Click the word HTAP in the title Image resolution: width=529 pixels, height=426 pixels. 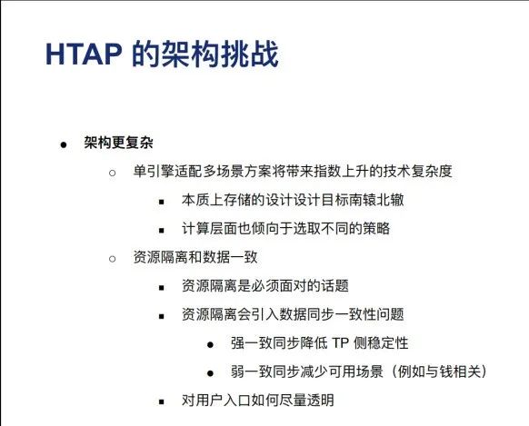[84, 54]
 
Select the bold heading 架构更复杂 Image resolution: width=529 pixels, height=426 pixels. [119, 143]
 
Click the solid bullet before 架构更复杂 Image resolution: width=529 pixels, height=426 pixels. [64, 145]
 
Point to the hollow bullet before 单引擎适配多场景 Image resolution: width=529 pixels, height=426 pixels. [113, 173]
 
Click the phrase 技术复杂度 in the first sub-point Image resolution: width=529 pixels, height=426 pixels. [417, 171]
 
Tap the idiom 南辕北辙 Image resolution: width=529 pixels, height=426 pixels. [376, 200]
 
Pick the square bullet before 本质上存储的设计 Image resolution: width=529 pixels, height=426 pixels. [162, 203]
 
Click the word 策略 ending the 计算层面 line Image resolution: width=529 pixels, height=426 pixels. [376, 229]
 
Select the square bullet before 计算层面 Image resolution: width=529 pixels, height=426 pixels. [162, 231]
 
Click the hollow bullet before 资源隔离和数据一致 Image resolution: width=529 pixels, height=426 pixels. [113, 259]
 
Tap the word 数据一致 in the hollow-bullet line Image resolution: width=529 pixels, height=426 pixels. [230, 257]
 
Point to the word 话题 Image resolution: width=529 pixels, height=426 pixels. [334, 286]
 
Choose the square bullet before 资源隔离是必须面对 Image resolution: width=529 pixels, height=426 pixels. [162, 288]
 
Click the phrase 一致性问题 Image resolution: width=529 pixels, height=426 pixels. [369, 314]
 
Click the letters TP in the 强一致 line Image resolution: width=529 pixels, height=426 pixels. [341, 343]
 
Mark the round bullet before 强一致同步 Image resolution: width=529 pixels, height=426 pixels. [211, 345]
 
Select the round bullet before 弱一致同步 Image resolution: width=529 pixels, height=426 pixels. [211, 373]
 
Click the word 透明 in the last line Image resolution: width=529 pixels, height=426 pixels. [320, 401]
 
